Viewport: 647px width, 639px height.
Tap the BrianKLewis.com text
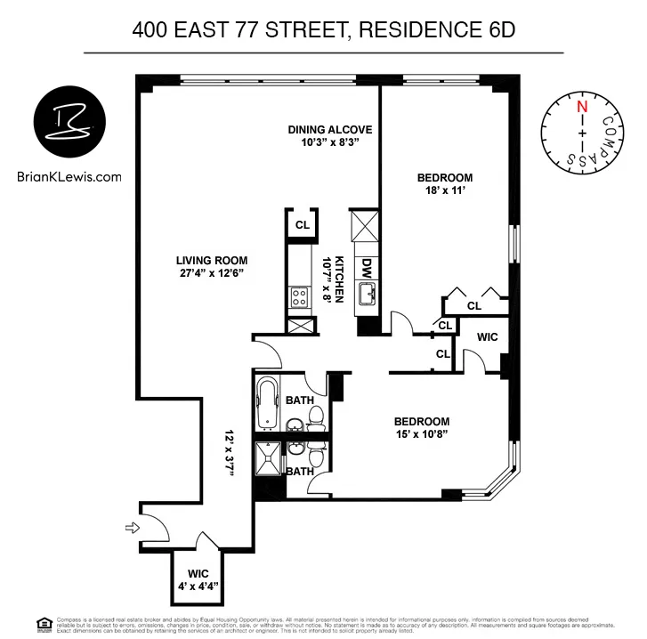[69, 176]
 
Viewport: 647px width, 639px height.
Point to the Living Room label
[211, 261]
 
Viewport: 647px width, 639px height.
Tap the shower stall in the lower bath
[268, 460]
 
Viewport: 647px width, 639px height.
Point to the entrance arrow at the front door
[133, 529]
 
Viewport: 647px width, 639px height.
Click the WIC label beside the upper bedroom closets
[487, 337]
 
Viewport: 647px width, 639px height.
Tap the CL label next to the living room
[303, 224]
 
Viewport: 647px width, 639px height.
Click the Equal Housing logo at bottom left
[42, 624]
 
